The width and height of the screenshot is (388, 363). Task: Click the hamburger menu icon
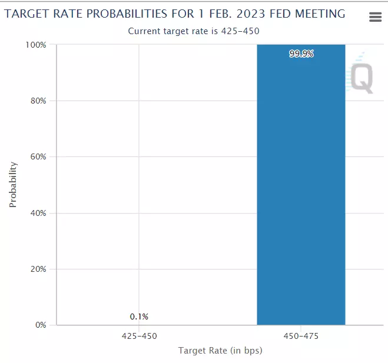point(375,17)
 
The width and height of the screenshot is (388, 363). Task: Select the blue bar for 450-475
point(301,188)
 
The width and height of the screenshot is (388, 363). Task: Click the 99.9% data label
point(301,54)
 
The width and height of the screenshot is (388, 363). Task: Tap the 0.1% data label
point(139,317)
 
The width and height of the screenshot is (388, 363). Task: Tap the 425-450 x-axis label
point(139,337)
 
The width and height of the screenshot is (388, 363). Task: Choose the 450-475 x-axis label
point(301,337)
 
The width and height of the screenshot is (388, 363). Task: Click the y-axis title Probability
point(13,185)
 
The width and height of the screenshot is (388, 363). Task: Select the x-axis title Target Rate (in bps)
point(220,351)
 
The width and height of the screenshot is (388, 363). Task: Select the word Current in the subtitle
point(144,31)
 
